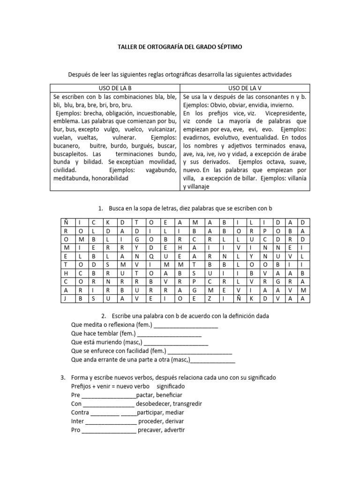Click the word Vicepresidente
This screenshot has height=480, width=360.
point(285,113)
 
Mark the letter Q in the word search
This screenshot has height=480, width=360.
point(150,256)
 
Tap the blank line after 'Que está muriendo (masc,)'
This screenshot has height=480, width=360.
point(169,344)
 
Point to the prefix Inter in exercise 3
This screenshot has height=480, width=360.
point(78,421)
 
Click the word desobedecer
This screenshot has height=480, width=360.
point(155,404)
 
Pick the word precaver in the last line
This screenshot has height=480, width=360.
point(150,430)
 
